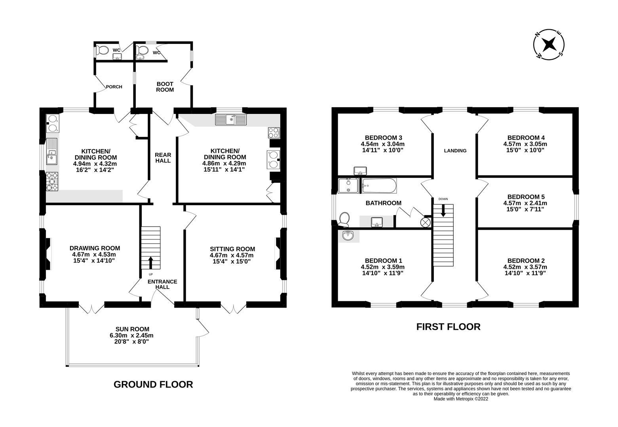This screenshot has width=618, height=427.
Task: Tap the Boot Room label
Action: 165,87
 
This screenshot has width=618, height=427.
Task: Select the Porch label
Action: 114,87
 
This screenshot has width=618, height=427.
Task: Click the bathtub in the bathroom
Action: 379,186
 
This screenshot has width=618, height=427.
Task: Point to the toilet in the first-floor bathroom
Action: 344,219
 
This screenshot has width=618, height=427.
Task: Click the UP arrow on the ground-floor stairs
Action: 150,263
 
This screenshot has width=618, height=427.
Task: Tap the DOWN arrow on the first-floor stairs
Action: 443,210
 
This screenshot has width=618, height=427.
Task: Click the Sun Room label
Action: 132,329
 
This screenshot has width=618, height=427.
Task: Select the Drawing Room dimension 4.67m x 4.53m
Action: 94,255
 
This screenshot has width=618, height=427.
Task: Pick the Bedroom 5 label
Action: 526,197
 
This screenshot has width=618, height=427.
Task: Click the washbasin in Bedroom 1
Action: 348,236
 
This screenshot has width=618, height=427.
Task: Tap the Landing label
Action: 455,151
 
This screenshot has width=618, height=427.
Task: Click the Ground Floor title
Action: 153,384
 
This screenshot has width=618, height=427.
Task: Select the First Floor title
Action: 448,327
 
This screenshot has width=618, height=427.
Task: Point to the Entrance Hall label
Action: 162,284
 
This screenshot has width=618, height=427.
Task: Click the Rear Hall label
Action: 163,158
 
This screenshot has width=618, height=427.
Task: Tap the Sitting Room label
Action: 232,249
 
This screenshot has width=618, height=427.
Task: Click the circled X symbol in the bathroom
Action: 425,222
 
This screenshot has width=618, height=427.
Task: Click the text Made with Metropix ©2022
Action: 461,399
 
